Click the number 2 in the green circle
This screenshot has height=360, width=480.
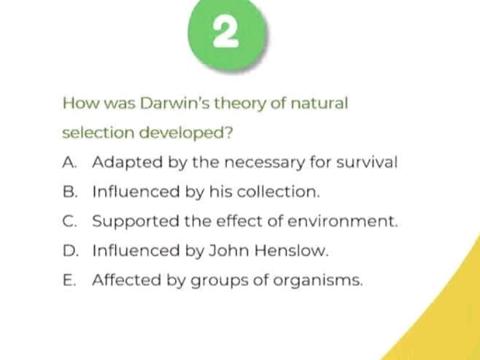point(227,32)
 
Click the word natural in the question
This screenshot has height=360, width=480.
point(320,103)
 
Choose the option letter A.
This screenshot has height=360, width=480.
point(69,162)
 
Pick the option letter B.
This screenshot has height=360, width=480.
point(69,192)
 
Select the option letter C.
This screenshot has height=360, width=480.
point(69,221)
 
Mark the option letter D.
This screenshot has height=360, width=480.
point(69,251)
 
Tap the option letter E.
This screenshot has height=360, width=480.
point(69,280)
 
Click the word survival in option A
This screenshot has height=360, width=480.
point(371,162)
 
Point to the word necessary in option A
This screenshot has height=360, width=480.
point(260,163)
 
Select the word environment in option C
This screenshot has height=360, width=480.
point(353,221)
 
